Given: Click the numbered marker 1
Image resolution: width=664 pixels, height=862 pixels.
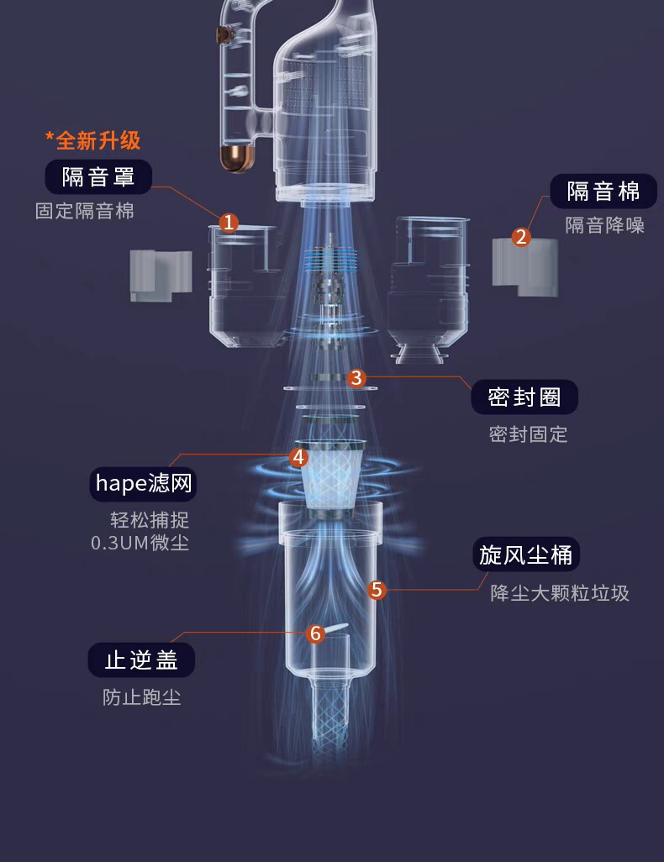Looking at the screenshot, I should [229, 223].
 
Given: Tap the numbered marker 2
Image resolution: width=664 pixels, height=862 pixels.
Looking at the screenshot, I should [521, 237].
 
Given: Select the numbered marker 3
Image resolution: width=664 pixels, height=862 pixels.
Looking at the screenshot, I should [356, 378].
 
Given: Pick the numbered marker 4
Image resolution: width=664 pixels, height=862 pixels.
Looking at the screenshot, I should [298, 457].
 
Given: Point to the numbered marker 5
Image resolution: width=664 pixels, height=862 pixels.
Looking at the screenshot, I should [377, 590].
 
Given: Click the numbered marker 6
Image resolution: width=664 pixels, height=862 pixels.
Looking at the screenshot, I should [315, 633].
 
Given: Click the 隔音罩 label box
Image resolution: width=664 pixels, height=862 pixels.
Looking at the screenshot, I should [98, 177].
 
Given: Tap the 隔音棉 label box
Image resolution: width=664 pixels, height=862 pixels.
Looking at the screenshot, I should [603, 192].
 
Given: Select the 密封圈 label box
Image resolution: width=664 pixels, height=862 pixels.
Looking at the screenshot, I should [524, 397].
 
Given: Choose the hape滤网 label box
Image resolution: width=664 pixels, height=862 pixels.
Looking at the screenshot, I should [144, 483].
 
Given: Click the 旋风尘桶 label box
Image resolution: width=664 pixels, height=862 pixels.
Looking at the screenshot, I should [526, 555].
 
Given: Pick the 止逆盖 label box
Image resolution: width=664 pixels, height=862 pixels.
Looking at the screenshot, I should [141, 660].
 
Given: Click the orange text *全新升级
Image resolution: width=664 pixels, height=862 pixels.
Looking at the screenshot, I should [92, 139].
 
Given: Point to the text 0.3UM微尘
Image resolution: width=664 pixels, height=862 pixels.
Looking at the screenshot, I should [140, 543].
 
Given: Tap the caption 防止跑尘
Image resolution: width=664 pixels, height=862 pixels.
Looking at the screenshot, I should [141, 697].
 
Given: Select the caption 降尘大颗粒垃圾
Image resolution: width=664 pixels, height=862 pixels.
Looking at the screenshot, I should [559, 593].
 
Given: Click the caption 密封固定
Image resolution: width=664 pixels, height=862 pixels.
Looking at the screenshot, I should [528, 434].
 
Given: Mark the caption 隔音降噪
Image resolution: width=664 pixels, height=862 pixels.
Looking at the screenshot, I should [604, 225].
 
